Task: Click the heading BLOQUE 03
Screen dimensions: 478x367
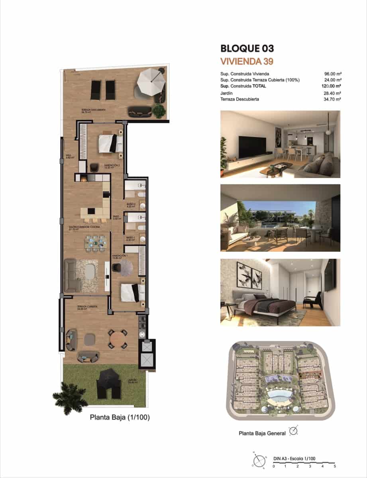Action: tap(247, 49)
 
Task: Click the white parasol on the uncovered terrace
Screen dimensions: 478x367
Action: tap(151, 81)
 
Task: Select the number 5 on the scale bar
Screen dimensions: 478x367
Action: tap(335, 466)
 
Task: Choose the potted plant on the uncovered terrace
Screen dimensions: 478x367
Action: tap(159, 110)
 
